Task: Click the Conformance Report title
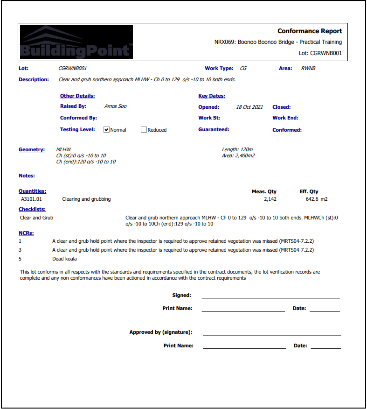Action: (x=310, y=31)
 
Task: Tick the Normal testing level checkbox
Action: (x=106, y=130)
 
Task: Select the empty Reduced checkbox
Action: (x=144, y=130)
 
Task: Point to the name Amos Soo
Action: (x=115, y=106)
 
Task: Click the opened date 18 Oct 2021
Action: (x=249, y=107)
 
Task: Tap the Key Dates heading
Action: (x=212, y=96)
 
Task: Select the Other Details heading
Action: (x=77, y=96)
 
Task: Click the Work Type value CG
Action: (x=243, y=68)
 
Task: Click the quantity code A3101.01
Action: (x=31, y=199)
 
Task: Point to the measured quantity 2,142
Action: (x=270, y=199)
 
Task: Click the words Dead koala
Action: (x=64, y=259)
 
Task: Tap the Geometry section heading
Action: (x=32, y=149)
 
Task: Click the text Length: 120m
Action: (x=237, y=149)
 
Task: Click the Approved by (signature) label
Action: (x=161, y=332)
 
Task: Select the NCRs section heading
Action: (x=26, y=233)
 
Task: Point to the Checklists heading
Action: (x=32, y=210)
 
